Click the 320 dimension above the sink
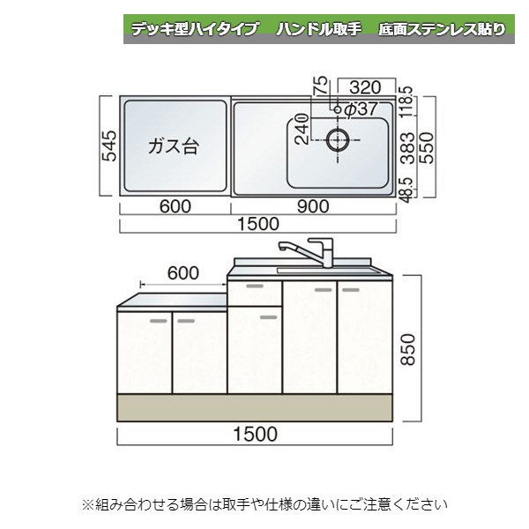(364, 86)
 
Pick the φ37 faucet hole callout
(361, 108)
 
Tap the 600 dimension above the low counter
(182, 273)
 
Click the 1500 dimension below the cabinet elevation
(257, 434)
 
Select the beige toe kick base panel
(256, 407)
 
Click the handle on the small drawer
(254, 287)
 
